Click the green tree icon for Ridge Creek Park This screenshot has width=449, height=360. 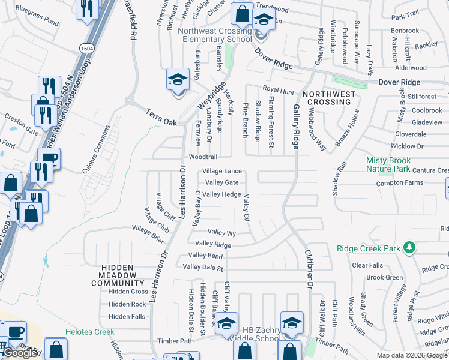[x=409, y=247]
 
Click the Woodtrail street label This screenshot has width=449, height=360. [x=202, y=156]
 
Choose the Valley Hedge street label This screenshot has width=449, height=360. [x=221, y=194]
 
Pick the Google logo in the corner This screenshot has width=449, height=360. [x=20, y=353]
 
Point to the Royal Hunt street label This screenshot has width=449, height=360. [x=279, y=90]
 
